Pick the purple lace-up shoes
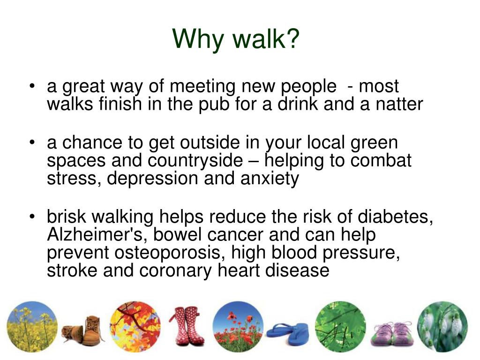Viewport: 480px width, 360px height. click(393, 331)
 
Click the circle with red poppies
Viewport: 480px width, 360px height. click(238, 327)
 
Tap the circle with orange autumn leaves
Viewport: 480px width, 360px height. click(135, 327)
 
